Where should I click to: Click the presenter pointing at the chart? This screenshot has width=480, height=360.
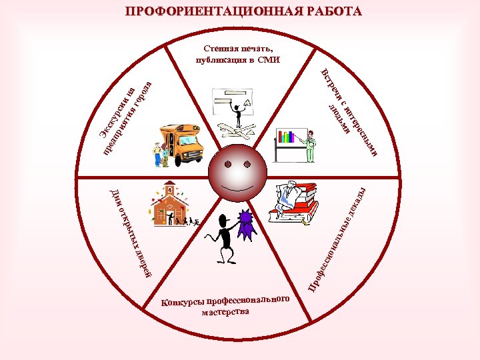click(309, 147)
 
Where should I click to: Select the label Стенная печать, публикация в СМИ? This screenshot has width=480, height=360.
click(239, 54)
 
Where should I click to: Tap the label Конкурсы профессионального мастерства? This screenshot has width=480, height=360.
click(227, 307)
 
